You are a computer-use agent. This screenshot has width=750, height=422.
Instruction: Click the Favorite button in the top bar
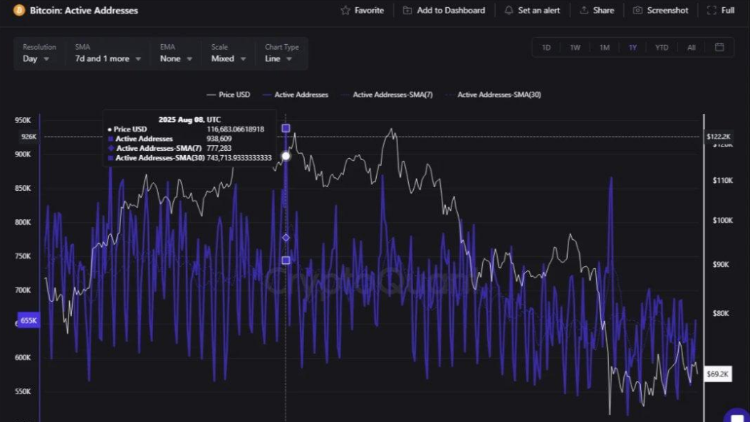click(x=363, y=11)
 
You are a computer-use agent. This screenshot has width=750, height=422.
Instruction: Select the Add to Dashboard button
click(x=444, y=11)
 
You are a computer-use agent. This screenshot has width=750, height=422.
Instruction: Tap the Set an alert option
click(x=532, y=11)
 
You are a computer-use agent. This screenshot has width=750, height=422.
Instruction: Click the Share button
click(x=597, y=11)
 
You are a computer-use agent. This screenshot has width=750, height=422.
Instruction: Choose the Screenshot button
click(x=661, y=11)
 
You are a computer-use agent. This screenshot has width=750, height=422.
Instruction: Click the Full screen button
click(x=721, y=11)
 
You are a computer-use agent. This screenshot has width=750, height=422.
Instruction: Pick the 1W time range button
click(x=575, y=48)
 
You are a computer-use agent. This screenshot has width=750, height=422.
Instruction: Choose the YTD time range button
click(x=662, y=48)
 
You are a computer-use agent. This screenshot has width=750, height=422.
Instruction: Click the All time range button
click(x=692, y=48)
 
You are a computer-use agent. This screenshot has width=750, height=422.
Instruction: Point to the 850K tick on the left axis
click(x=23, y=189)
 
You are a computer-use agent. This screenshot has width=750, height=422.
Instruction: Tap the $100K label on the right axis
click(x=722, y=221)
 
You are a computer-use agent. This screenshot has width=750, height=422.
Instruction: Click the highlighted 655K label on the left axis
click(x=28, y=321)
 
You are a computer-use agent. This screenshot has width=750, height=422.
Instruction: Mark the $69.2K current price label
click(x=718, y=374)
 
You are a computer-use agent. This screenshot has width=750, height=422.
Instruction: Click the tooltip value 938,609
click(x=225, y=139)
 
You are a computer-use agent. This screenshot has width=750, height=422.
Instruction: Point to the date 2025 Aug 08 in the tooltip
click(x=189, y=120)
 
